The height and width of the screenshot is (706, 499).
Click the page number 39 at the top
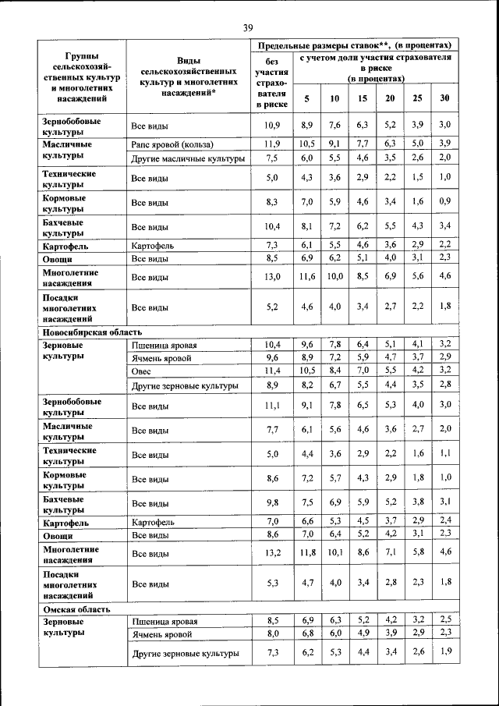point(248,28)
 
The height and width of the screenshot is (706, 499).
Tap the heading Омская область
point(76,608)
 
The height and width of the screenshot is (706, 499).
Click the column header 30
point(444,98)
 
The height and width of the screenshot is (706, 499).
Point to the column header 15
point(362,98)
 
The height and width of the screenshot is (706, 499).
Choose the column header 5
point(307,98)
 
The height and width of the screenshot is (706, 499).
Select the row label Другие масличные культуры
point(188,158)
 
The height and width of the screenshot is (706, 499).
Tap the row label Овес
point(142,371)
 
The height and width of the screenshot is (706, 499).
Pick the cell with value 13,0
point(273,277)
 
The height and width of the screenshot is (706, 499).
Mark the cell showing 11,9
point(273,144)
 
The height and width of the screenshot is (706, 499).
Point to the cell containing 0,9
point(444,203)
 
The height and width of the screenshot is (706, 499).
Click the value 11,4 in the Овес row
point(273,371)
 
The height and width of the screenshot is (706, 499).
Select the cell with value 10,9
point(273,125)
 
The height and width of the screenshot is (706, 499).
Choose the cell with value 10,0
point(334,277)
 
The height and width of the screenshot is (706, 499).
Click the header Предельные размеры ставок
point(356,45)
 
